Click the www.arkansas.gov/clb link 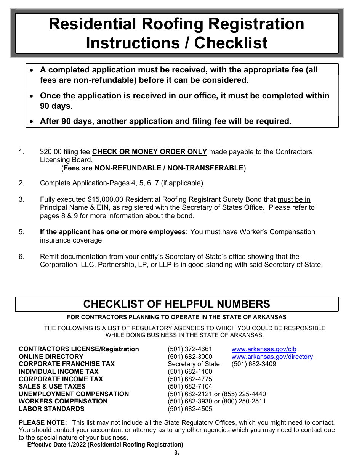(x=264, y=349)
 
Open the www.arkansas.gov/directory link (x=272, y=357)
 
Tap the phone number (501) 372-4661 (x=190, y=349)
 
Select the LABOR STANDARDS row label (x=51, y=409)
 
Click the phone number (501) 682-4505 (x=190, y=409)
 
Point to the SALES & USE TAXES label (x=52, y=386)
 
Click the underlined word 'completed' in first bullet (x=69, y=70)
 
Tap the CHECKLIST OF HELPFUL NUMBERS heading (x=176, y=304)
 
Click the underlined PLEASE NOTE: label (x=43, y=422)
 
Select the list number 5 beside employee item (x=21, y=232)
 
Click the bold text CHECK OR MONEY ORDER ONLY (x=149, y=152)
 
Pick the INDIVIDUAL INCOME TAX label (x=58, y=371)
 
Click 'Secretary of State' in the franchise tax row (x=194, y=364)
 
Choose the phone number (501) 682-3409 (x=254, y=364)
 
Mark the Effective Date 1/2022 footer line (x=105, y=444)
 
